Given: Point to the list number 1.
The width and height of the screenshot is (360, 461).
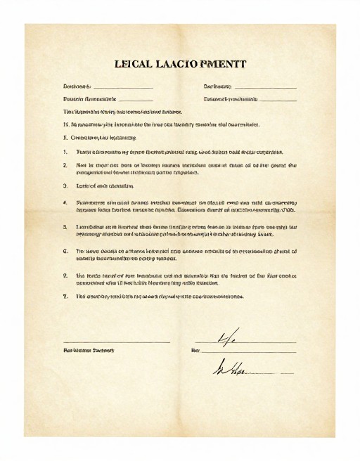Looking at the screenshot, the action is point(65,152).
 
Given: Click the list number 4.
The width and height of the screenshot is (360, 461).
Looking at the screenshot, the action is point(65,202).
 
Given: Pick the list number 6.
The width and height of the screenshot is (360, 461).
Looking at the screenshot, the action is point(65,251).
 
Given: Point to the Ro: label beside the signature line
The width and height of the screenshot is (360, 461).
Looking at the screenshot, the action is point(195,350).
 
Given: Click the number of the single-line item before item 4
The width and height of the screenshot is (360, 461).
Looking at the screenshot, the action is point(65,186).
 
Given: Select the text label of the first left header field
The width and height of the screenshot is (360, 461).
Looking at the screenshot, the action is point(77,86).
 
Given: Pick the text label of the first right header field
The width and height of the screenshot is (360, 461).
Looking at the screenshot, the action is point(217,86).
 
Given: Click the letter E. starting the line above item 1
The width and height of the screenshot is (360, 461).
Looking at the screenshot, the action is point(65,138).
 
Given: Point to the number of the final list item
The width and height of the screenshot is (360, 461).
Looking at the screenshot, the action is point(65,297).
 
